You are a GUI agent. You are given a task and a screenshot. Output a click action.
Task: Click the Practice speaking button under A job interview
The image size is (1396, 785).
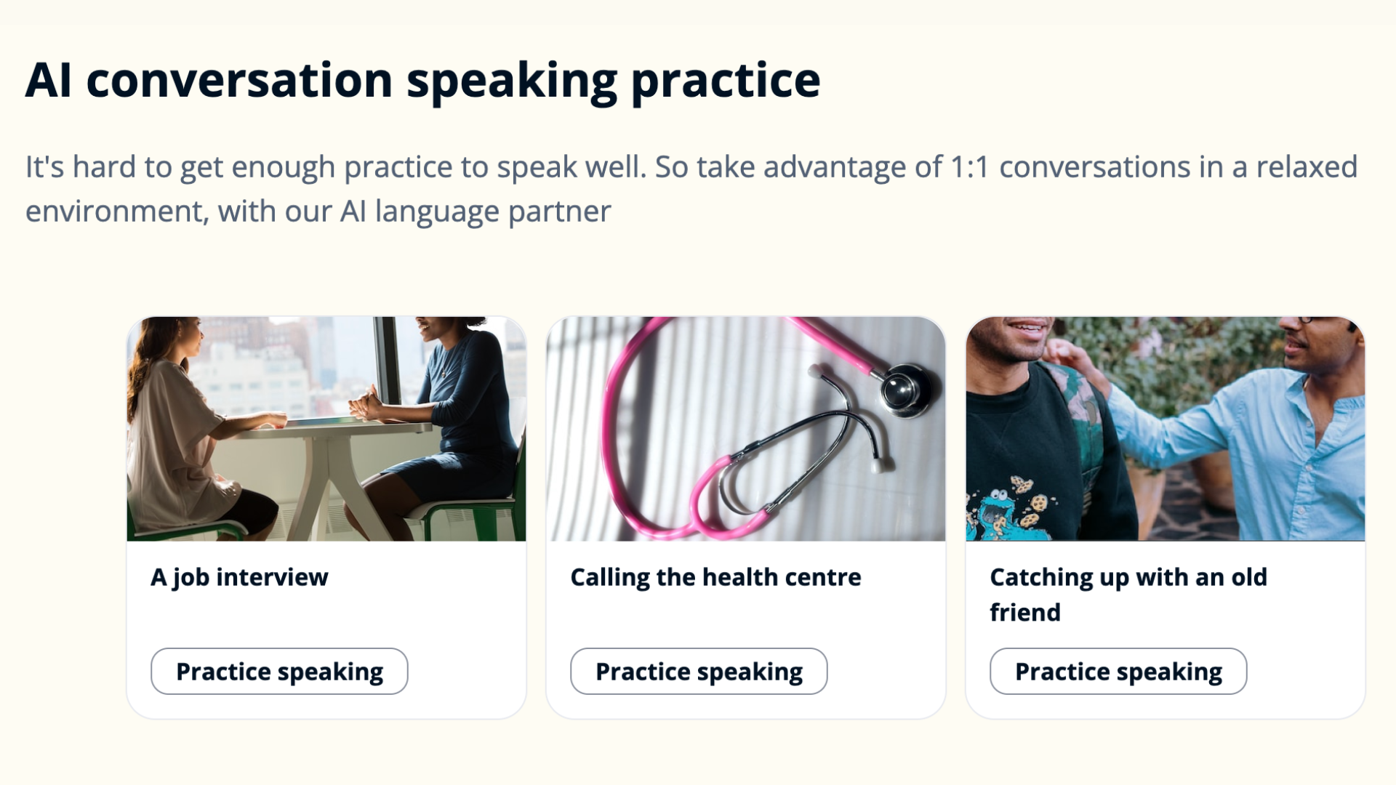point(279,671)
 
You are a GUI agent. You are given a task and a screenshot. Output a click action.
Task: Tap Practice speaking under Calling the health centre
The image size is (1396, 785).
point(699,671)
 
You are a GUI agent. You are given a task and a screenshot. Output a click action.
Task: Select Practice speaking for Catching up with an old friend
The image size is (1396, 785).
point(1118,671)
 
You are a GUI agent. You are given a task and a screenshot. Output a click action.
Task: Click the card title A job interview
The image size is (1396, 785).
point(239,577)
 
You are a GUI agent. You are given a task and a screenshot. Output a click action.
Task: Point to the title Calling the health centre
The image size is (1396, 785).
point(715,577)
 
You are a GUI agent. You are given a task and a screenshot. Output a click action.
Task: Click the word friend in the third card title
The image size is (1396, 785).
point(1025,612)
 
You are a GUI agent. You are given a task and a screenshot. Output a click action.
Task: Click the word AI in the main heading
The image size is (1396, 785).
point(49,80)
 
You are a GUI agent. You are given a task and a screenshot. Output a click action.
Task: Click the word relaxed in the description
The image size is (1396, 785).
point(1307,167)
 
